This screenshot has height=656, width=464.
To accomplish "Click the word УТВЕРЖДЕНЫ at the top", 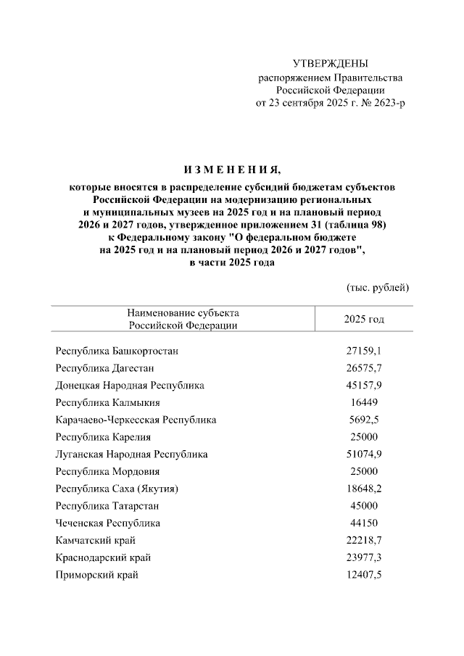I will [330, 64].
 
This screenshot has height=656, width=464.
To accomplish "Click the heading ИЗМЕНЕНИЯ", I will [231, 170].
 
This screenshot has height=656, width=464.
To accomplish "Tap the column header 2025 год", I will [364, 319].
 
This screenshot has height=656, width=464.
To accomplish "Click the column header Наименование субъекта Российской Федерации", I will [182, 319].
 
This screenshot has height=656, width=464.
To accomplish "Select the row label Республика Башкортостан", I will [117, 351].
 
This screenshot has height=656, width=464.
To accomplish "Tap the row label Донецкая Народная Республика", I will [130, 386].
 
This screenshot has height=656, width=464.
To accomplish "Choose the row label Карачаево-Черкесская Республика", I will [136, 420].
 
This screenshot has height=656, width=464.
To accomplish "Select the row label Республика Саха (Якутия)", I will [117, 489].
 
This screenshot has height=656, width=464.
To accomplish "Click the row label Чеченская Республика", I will [107, 523].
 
